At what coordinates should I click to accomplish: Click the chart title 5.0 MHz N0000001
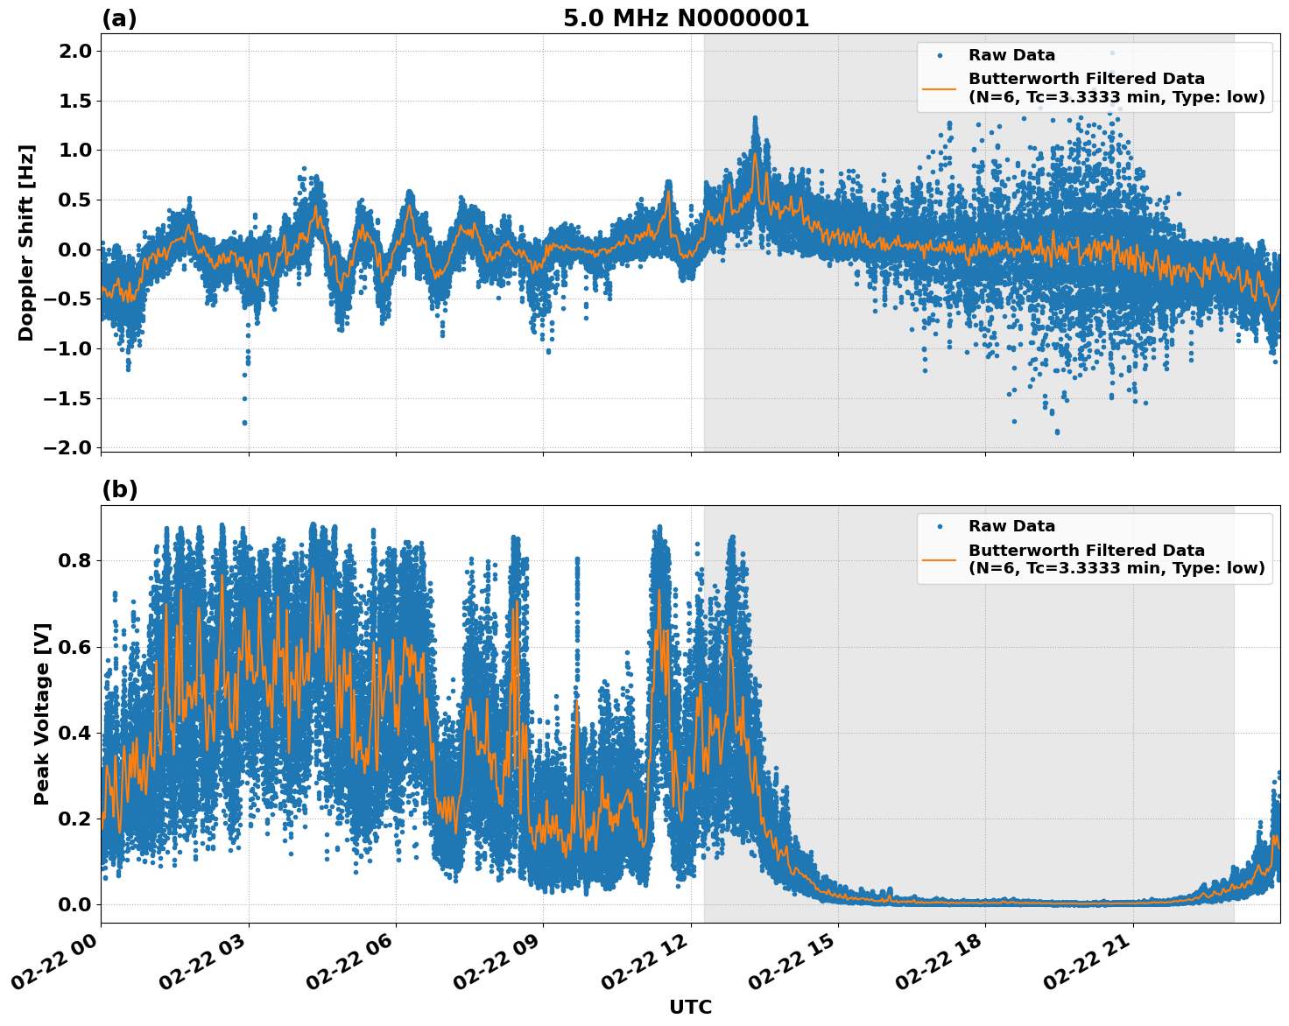pos(686,18)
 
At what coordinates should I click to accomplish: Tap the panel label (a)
pos(119,18)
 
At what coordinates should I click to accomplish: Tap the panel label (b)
pos(119,489)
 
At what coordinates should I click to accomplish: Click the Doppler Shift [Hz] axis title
pos(26,242)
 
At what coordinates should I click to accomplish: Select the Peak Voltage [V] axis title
pos(42,713)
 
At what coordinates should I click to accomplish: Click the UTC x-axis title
pos(690,1007)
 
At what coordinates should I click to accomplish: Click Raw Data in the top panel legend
pos(1011,55)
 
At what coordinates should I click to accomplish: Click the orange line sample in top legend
pos(940,88)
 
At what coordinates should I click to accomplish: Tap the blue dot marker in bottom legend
pos(940,526)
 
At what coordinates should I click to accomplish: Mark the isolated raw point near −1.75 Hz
pos(244,422)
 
